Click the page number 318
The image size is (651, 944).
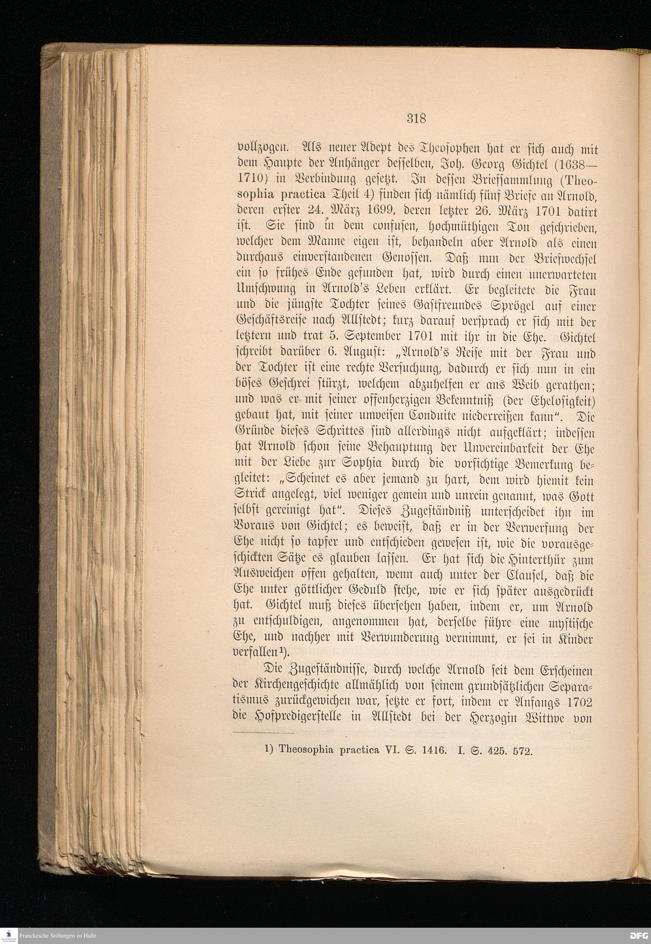coord(416,119)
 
